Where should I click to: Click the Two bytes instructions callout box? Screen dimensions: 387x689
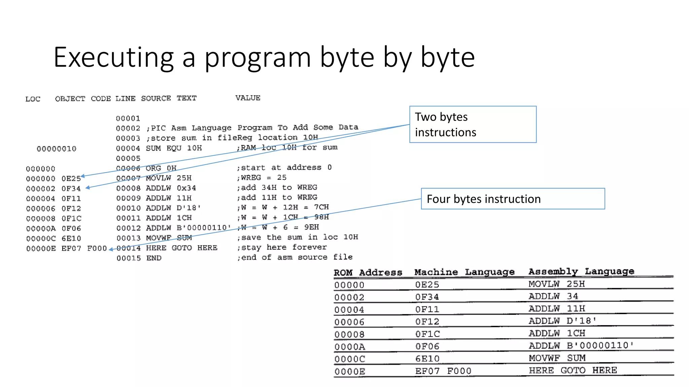click(473, 125)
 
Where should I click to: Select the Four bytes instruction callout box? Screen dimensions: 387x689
click(513, 199)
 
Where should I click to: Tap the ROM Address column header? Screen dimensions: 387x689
click(368, 272)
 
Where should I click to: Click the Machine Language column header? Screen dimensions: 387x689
click(464, 272)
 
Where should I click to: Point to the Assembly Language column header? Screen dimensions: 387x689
click(581, 271)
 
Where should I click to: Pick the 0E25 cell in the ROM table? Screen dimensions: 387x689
click(427, 285)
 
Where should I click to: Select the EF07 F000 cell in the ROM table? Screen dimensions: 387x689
click(443, 371)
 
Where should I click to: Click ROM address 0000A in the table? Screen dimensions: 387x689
click(350, 347)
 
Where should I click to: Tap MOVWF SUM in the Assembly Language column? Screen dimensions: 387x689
click(557, 358)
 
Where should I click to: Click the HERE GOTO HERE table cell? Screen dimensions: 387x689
click(573, 371)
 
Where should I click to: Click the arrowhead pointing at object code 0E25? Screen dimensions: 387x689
click(82, 176)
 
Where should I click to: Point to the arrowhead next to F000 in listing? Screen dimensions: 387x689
click(111, 249)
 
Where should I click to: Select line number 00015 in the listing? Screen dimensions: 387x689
click(129, 258)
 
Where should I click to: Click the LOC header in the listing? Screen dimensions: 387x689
click(33, 99)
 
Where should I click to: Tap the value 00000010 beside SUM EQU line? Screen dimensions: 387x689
click(57, 149)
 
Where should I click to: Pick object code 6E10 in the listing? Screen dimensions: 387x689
click(71, 239)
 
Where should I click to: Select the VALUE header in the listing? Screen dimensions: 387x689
click(248, 98)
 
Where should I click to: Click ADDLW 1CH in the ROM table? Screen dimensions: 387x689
click(557, 333)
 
